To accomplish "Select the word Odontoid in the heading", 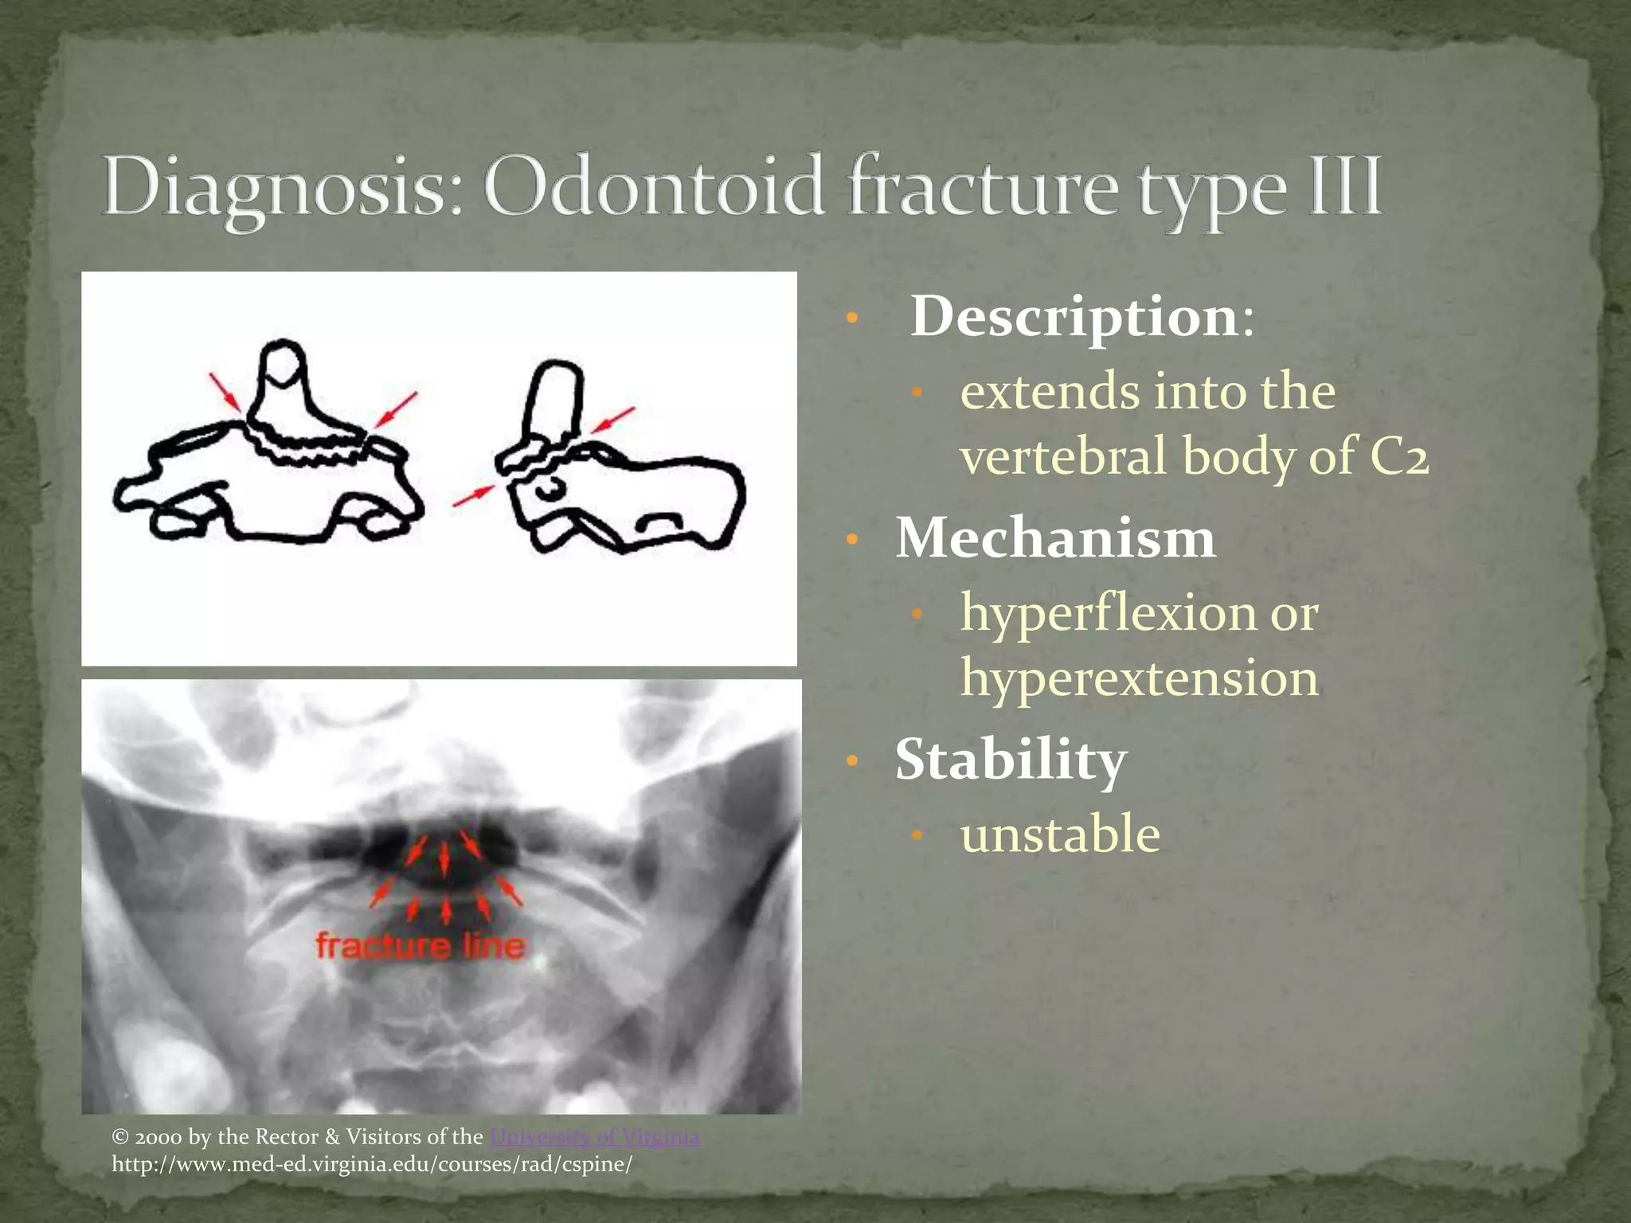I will click(x=653, y=188).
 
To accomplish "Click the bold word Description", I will click(x=1075, y=317).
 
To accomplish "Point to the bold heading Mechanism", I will click(x=1055, y=538).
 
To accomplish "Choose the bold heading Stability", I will click(x=1011, y=760).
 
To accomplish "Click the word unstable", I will click(x=1060, y=834).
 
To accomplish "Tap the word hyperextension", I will click(x=1139, y=678).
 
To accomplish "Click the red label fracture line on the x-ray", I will click(x=420, y=946).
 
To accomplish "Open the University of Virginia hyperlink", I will click(x=594, y=1137).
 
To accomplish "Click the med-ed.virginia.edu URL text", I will click(x=372, y=1164).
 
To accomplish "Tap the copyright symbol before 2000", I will click(x=120, y=1137).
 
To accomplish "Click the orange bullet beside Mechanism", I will click(x=852, y=540).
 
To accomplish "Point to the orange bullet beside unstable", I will click(x=917, y=835).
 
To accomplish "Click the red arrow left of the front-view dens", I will click(x=225, y=392).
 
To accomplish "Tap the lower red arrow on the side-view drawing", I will click(x=473, y=496).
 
